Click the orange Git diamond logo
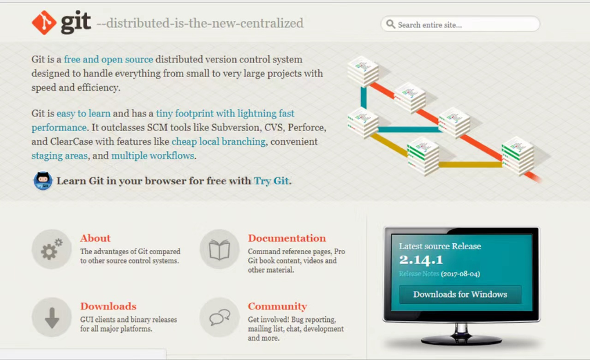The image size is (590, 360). pos(44,23)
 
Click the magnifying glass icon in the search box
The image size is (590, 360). pos(391,24)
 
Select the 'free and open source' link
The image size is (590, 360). pos(108,59)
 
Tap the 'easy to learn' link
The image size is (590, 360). pos(83,114)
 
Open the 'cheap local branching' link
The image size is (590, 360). pos(218,142)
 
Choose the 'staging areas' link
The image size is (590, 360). pos(60,156)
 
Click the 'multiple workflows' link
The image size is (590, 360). pos(153,156)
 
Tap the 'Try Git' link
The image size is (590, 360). pos(271,181)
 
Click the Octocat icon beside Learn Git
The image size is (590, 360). pos(42,180)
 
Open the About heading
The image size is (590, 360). pos(95,238)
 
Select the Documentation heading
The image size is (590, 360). pos(287,238)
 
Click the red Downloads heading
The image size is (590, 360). pos(108,306)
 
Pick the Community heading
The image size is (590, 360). pos(277,306)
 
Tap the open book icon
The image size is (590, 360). pos(220,249)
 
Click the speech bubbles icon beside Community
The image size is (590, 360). pos(220,317)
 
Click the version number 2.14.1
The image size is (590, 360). pos(421,260)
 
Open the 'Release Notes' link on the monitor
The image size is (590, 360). pos(419,274)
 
